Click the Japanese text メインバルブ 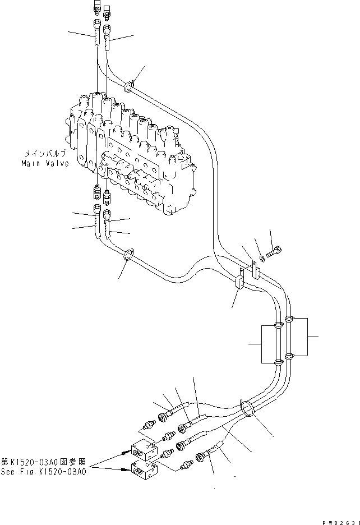click(x=46, y=153)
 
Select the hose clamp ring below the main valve click(x=128, y=255)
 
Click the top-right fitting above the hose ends click(x=106, y=10)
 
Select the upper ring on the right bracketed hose click(x=288, y=320)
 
